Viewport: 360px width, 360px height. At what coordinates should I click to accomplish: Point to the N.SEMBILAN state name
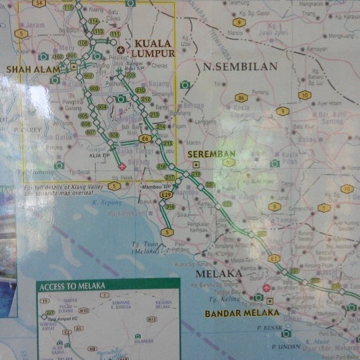pyautogui.click(x=231, y=67)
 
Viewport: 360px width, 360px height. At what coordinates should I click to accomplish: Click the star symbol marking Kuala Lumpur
pyautogui.click(x=121, y=50)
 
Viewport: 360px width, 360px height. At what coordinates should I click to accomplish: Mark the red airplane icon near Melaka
pyautogui.click(x=267, y=288)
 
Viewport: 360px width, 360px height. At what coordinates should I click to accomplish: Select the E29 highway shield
pyautogui.click(x=166, y=195)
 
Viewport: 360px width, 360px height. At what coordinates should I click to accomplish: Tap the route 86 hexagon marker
pyautogui.click(x=241, y=98)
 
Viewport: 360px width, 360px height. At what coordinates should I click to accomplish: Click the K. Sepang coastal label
pyautogui.click(x=105, y=201)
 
